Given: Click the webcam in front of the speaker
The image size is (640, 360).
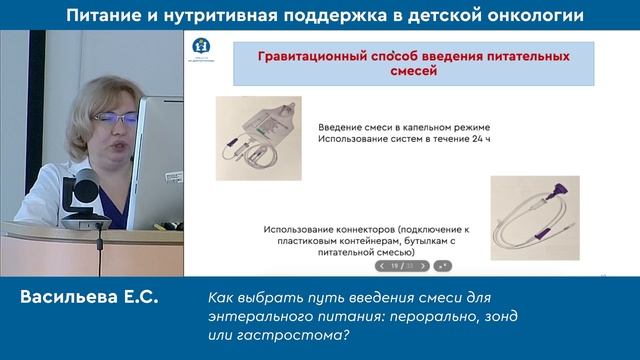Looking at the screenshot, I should click(85, 190).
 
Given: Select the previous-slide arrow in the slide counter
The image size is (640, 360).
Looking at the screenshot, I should click(382, 266).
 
